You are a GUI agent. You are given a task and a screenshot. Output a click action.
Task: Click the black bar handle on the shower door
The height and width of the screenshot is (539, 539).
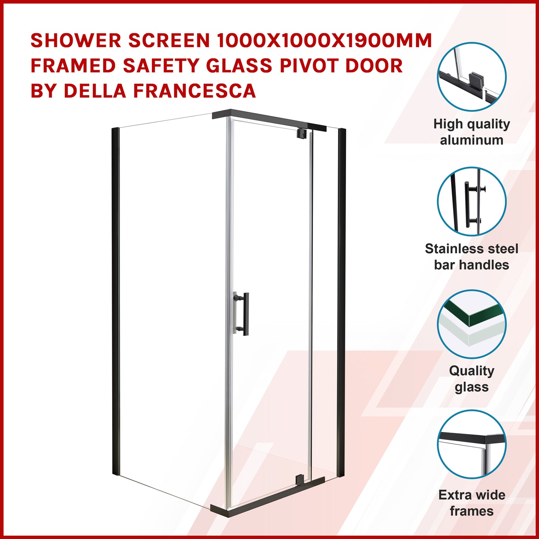(x=246, y=314)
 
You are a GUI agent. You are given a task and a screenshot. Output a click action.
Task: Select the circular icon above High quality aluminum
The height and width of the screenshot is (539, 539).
(x=472, y=77)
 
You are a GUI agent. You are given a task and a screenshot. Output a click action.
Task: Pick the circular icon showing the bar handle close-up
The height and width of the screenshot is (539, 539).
(x=472, y=201)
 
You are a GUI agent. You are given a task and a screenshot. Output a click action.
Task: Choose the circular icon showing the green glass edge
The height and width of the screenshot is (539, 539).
(x=472, y=324)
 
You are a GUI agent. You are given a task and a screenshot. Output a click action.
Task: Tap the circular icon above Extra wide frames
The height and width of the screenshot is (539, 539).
(x=472, y=444)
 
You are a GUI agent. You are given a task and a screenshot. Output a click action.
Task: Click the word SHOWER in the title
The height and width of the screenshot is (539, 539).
(x=76, y=41)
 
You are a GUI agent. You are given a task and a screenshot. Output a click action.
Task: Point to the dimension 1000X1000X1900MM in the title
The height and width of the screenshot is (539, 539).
(x=324, y=41)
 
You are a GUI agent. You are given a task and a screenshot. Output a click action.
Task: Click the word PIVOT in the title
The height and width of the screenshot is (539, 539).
(x=309, y=66)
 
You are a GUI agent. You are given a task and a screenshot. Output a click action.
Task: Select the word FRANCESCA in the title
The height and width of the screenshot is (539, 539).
(x=194, y=91)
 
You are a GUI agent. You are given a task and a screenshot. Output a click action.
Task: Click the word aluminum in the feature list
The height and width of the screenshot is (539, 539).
(x=472, y=140)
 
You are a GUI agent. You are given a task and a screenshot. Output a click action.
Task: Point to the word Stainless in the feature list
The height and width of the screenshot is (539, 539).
(x=451, y=249)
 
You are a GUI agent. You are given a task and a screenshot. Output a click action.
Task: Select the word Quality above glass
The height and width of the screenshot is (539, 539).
(x=472, y=371)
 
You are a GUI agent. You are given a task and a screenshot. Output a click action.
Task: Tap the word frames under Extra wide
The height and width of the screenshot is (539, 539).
(x=472, y=511)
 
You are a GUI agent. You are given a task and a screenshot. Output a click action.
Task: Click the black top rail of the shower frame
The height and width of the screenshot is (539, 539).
(x=269, y=119)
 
